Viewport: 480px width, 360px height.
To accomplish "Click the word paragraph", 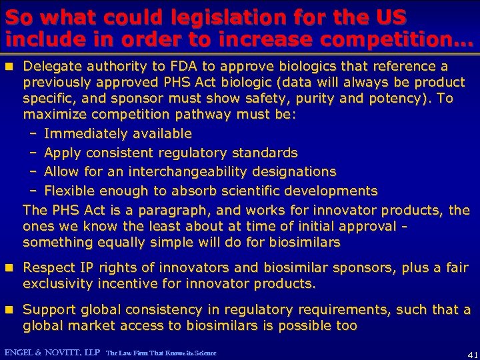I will [169, 211].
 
